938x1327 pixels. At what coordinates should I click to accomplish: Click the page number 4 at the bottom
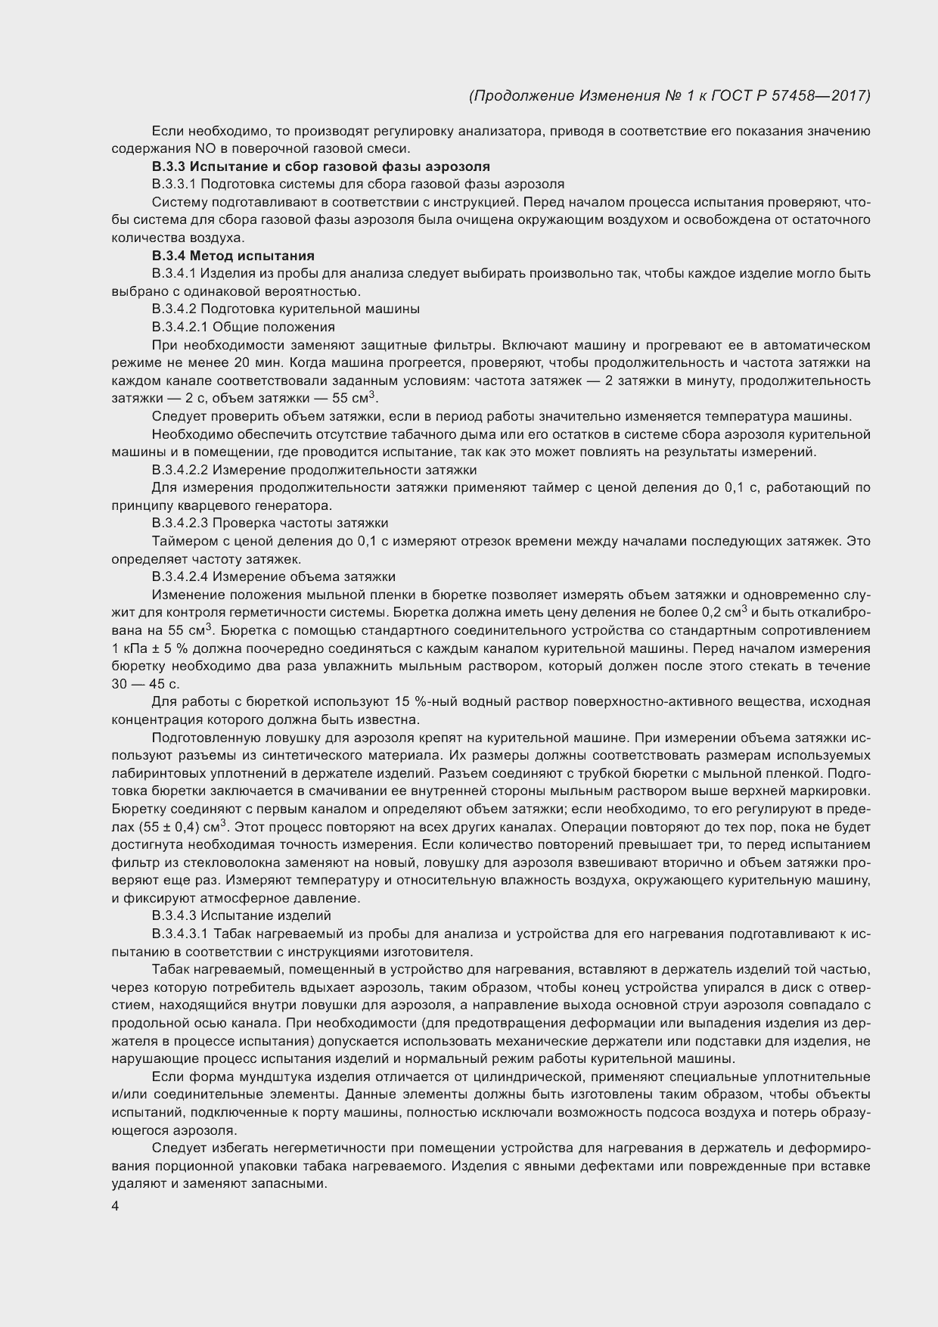point(115,1207)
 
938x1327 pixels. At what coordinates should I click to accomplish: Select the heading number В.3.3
point(169,166)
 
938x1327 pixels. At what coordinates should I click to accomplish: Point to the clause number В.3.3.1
point(175,184)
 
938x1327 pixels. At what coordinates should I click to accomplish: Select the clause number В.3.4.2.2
point(179,470)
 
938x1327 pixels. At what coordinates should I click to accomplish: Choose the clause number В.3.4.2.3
point(179,523)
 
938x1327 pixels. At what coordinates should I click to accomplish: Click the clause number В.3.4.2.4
point(179,576)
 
